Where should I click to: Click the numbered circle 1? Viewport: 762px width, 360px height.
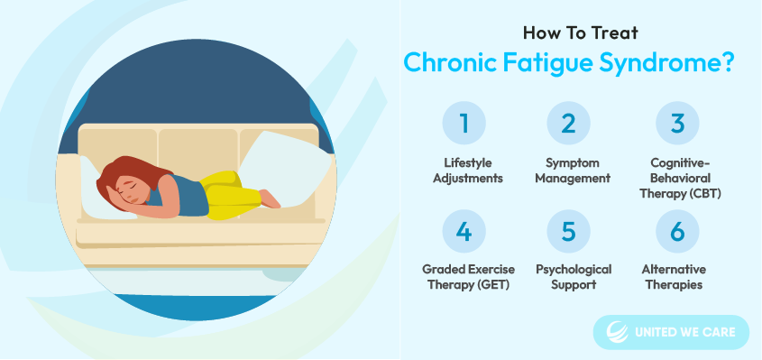[464, 123]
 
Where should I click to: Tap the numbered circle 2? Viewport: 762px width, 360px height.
[568, 123]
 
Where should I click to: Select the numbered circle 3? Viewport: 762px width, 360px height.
[677, 123]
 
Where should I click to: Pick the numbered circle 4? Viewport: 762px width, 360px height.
[464, 232]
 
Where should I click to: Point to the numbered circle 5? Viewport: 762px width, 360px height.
[568, 232]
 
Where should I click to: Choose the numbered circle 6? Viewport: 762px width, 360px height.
[677, 232]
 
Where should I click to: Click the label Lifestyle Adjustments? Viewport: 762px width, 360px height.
[467, 171]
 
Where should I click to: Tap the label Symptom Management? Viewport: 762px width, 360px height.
[572, 171]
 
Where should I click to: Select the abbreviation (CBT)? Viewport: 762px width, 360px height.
[702, 193]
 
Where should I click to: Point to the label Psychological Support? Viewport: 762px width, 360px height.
[574, 277]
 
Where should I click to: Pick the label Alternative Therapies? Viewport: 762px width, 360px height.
[674, 277]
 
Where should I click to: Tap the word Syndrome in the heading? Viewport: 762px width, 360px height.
[666, 64]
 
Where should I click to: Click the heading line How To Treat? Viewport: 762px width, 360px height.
[580, 33]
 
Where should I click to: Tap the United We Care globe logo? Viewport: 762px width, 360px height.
[617, 332]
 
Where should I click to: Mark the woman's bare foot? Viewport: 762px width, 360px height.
[270, 198]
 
